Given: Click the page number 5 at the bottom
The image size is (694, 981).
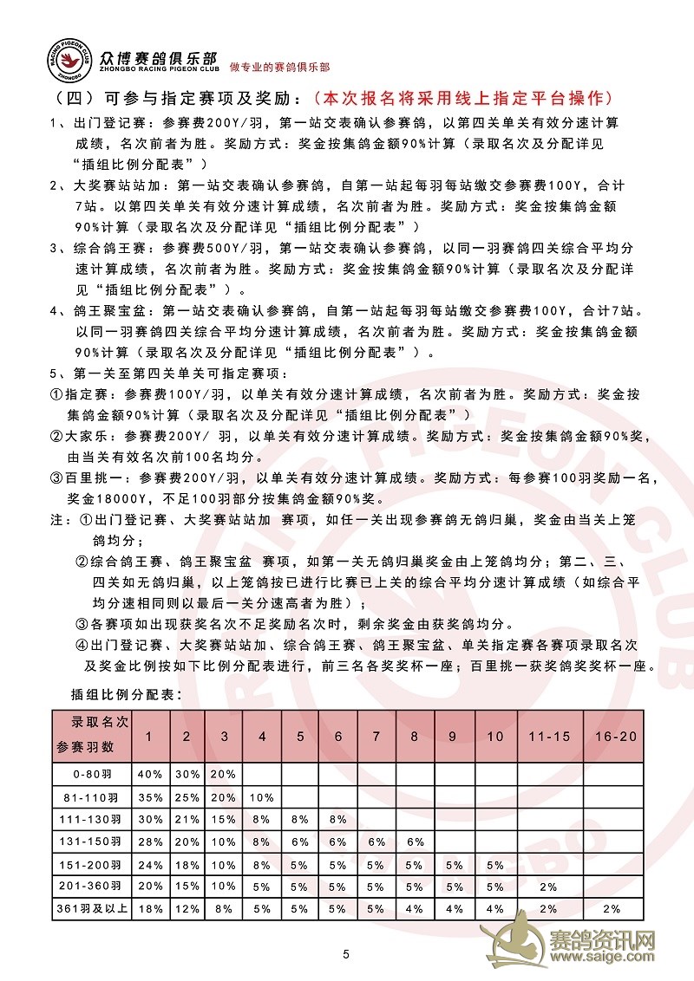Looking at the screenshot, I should point(346,954).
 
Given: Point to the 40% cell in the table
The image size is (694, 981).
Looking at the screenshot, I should point(149,773).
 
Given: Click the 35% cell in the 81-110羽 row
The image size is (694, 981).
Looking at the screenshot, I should point(149,796).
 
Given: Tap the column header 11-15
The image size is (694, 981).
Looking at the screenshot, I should point(549,736).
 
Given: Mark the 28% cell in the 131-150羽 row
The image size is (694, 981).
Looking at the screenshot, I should point(149,841).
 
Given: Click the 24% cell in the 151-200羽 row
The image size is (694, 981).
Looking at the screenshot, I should point(149,863).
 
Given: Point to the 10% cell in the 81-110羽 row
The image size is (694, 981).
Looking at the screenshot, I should point(261,796).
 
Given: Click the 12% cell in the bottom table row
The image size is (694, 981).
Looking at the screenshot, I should point(186,908).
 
